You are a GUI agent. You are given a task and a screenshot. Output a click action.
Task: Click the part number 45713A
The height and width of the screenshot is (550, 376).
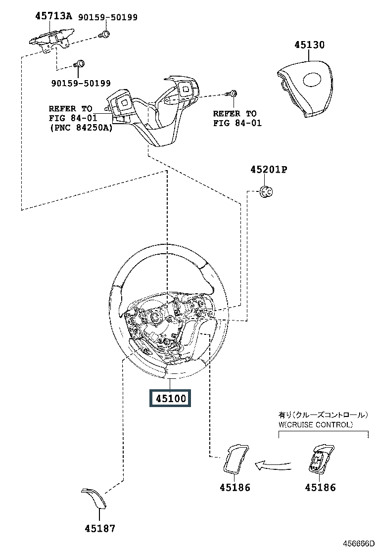(x=53, y=16)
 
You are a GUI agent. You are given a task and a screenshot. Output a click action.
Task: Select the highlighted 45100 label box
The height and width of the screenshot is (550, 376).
(x=170, y=398)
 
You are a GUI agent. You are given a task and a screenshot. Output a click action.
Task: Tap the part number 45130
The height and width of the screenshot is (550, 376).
(x=309, y=45)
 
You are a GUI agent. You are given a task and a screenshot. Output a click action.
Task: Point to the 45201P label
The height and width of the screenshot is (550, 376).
(x=269, y=170)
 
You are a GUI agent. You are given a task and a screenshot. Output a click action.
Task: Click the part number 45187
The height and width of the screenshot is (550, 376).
(x=100, y=528)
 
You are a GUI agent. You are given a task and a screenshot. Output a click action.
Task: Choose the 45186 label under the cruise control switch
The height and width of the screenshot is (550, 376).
(x=320, y=487)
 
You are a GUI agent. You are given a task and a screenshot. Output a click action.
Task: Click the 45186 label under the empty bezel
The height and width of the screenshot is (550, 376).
(x=235, y=487)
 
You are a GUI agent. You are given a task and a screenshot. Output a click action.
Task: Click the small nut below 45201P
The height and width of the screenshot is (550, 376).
(x=266, y=191)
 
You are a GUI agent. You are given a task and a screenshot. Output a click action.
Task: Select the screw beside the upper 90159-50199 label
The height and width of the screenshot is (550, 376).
(x=104, y=34)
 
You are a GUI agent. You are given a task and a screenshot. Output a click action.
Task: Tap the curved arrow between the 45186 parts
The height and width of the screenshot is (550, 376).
(x=273, y=465)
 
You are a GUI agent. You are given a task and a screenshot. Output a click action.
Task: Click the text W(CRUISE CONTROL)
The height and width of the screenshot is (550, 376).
(x=316, y=424)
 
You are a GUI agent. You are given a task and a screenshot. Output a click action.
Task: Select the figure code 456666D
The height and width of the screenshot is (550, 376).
(x=359, y=544)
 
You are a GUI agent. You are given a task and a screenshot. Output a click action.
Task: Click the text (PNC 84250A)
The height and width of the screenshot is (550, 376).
(x=81, y=128)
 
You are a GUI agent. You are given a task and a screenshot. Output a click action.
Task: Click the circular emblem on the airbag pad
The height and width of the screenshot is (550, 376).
(x=314, y=80)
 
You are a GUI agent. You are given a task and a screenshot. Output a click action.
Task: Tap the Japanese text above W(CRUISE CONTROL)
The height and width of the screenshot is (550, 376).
(x=324, y=415)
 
